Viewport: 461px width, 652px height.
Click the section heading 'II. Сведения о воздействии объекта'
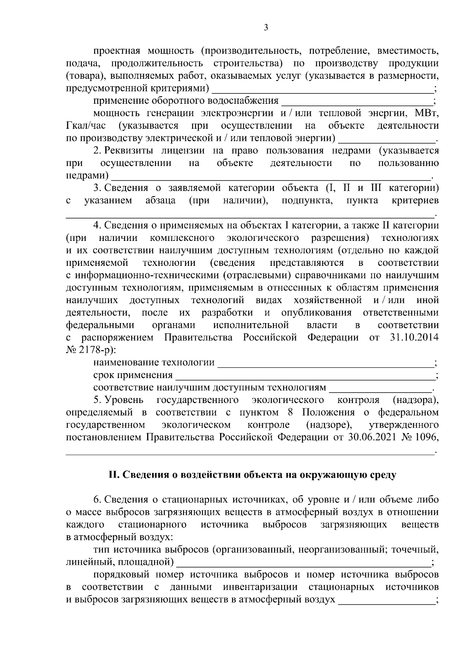[x=252, y=475]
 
